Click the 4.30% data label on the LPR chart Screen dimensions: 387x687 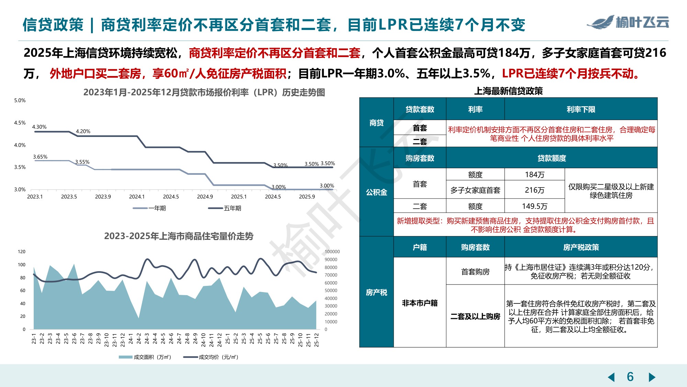39,127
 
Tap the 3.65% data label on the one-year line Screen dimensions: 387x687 40,157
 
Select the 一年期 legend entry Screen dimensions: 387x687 149,208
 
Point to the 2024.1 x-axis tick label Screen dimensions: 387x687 137,197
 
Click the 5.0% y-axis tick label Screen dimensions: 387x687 20,100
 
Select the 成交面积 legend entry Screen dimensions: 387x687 145,357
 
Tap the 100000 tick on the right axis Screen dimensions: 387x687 332,252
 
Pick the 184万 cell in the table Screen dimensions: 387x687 534,175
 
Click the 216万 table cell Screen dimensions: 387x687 534,190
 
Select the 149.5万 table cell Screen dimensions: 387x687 534,206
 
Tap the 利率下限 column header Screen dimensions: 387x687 581,109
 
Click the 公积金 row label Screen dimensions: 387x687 376,192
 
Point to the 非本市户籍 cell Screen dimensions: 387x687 419,303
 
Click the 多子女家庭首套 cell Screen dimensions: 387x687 475,190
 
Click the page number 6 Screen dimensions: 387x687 630,377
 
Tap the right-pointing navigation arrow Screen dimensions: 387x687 652,377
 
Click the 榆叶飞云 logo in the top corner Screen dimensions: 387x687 628,22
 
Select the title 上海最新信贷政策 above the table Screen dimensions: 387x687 508,91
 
